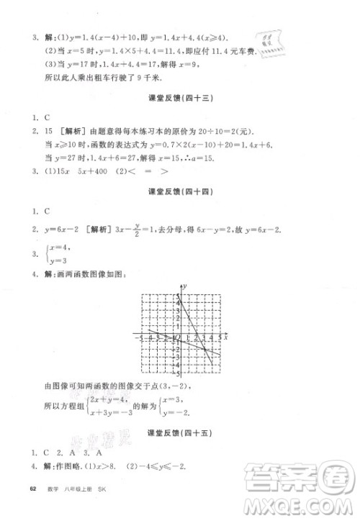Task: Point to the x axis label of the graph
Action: pos(225,336)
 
